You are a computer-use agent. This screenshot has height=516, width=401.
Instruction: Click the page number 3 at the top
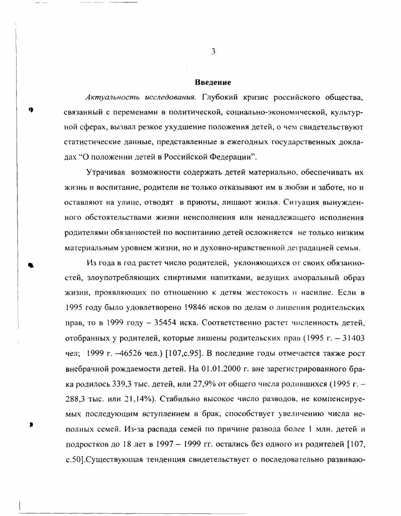click(x=213, y=51)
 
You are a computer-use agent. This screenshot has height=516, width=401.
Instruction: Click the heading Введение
click(x=213, y=82)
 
